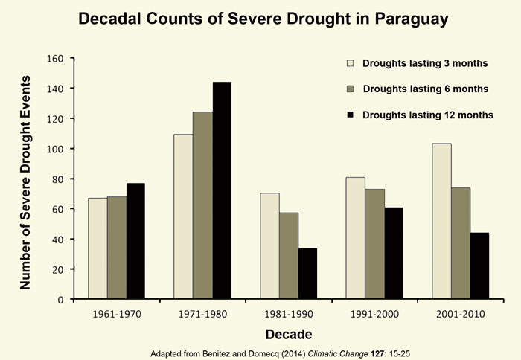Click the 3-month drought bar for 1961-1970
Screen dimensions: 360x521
pos(97,248)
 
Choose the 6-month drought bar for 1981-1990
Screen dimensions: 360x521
pos(288,256)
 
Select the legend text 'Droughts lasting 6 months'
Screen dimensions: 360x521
pos(425,89)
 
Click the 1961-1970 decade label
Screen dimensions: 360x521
pos(115,315)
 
